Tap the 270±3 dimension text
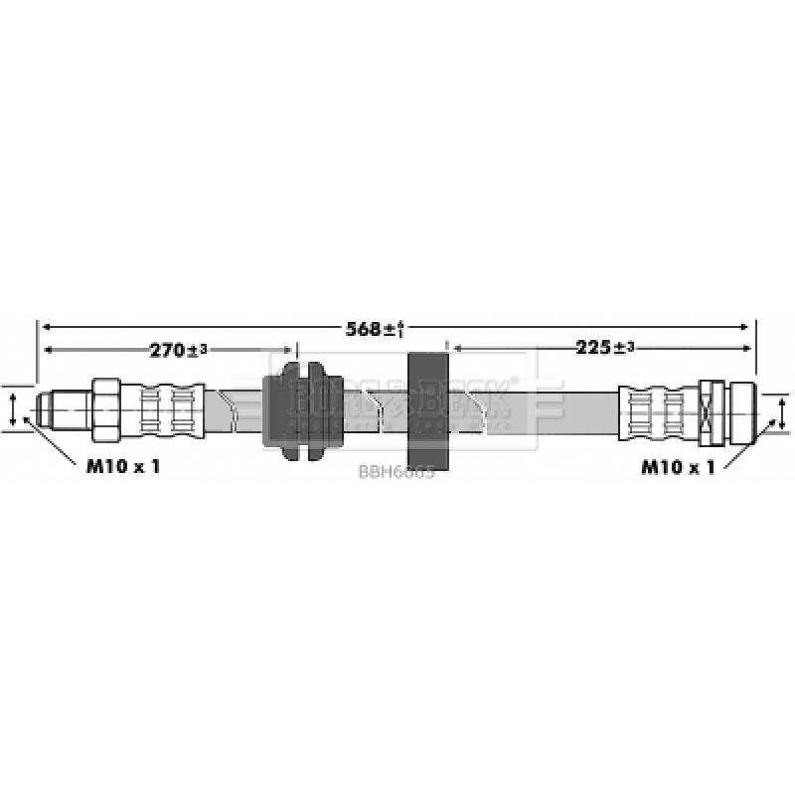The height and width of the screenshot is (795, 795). point(179,350)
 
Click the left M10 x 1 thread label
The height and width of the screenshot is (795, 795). point(121,465)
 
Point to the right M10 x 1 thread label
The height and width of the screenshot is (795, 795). point(678,465)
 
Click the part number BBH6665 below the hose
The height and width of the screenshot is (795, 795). point(396,473)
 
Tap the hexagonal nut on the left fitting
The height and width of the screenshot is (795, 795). point(105,408)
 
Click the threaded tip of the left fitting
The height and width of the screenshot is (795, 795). point(50,408)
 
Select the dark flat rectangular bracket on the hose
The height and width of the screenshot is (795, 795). point(429,409)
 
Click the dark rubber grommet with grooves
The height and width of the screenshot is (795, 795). point(302,409)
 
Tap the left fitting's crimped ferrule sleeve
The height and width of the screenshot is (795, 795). point(164,408)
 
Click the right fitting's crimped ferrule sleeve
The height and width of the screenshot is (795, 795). point(656,409)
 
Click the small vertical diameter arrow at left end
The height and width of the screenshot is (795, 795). point(12,408)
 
